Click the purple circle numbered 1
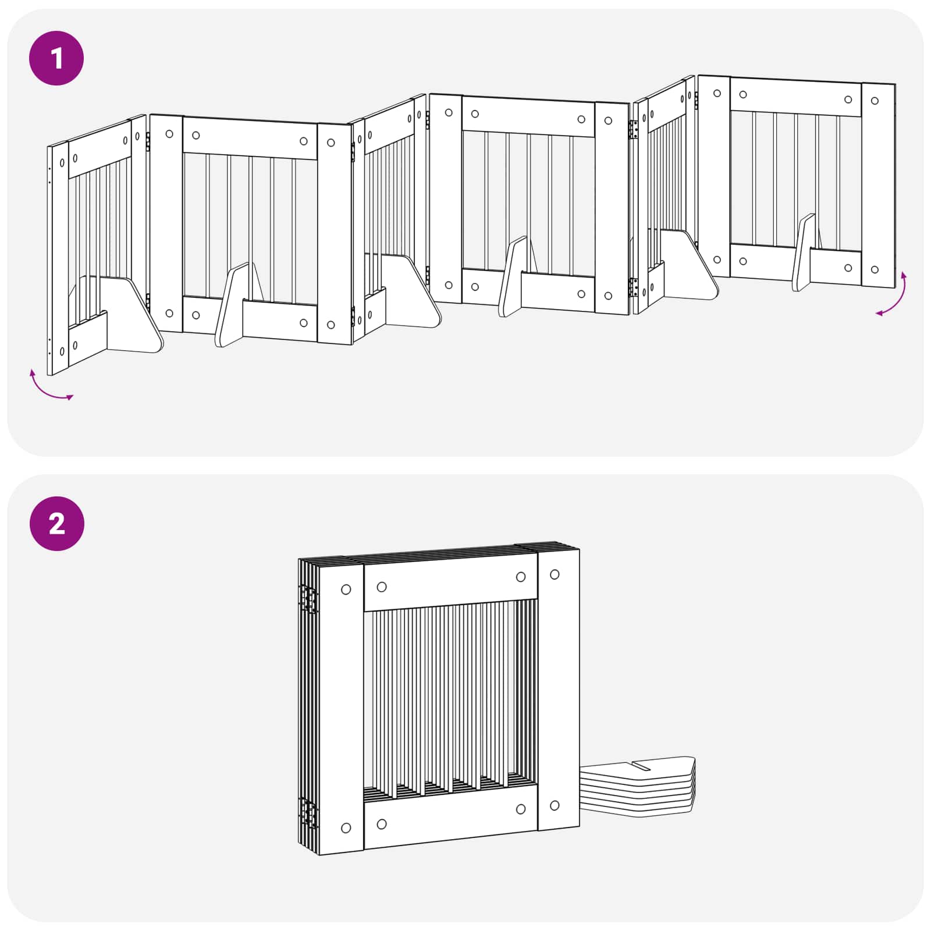click(x=56, y=58)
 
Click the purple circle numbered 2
click(x=56, y=524)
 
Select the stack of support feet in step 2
click(x=638, y=787)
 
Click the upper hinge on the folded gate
click(x=309, y=599)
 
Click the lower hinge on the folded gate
click(x=309, y=813)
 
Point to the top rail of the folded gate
click(x=451, y=581)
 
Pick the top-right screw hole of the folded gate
click(x=555, y=574)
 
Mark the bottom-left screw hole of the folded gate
click(x=346, y=828)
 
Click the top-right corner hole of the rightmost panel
click(x=875, y=101)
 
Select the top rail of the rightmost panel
click(x=796, y=96)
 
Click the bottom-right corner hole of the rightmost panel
click(x=875, y=269)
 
